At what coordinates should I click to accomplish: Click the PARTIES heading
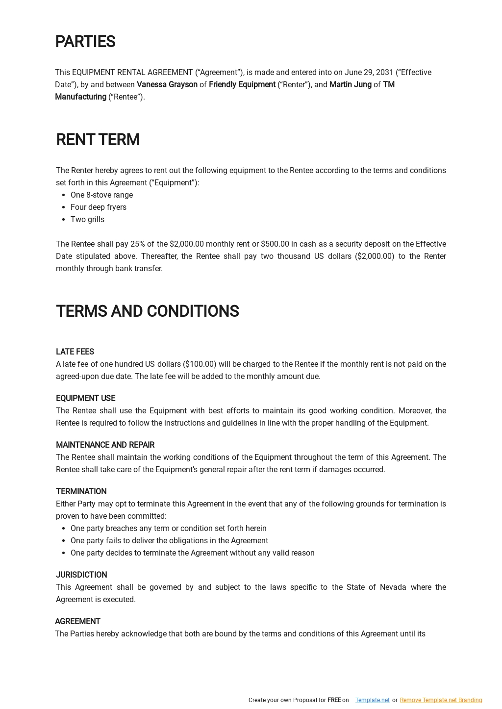85,42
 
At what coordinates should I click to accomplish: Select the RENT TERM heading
98,140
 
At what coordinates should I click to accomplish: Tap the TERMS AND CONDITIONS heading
147,311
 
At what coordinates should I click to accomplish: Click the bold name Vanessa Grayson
167,85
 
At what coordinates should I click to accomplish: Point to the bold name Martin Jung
350,85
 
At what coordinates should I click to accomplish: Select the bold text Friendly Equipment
242,85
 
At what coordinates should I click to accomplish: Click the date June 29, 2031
369,73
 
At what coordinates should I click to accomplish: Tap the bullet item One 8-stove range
101,195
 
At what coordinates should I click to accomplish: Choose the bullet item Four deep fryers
98,207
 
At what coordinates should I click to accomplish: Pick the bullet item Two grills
87,220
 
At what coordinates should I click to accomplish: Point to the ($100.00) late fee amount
200,364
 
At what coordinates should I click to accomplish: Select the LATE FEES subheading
75,352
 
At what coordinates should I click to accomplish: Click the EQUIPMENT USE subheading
85,399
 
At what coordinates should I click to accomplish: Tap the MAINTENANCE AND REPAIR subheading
105,445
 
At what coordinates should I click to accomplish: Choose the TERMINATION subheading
81,492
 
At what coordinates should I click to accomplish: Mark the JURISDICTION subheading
81,575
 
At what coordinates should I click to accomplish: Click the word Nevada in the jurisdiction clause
393,587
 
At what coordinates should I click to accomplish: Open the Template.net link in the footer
372,700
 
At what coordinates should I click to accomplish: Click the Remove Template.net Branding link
441,700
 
